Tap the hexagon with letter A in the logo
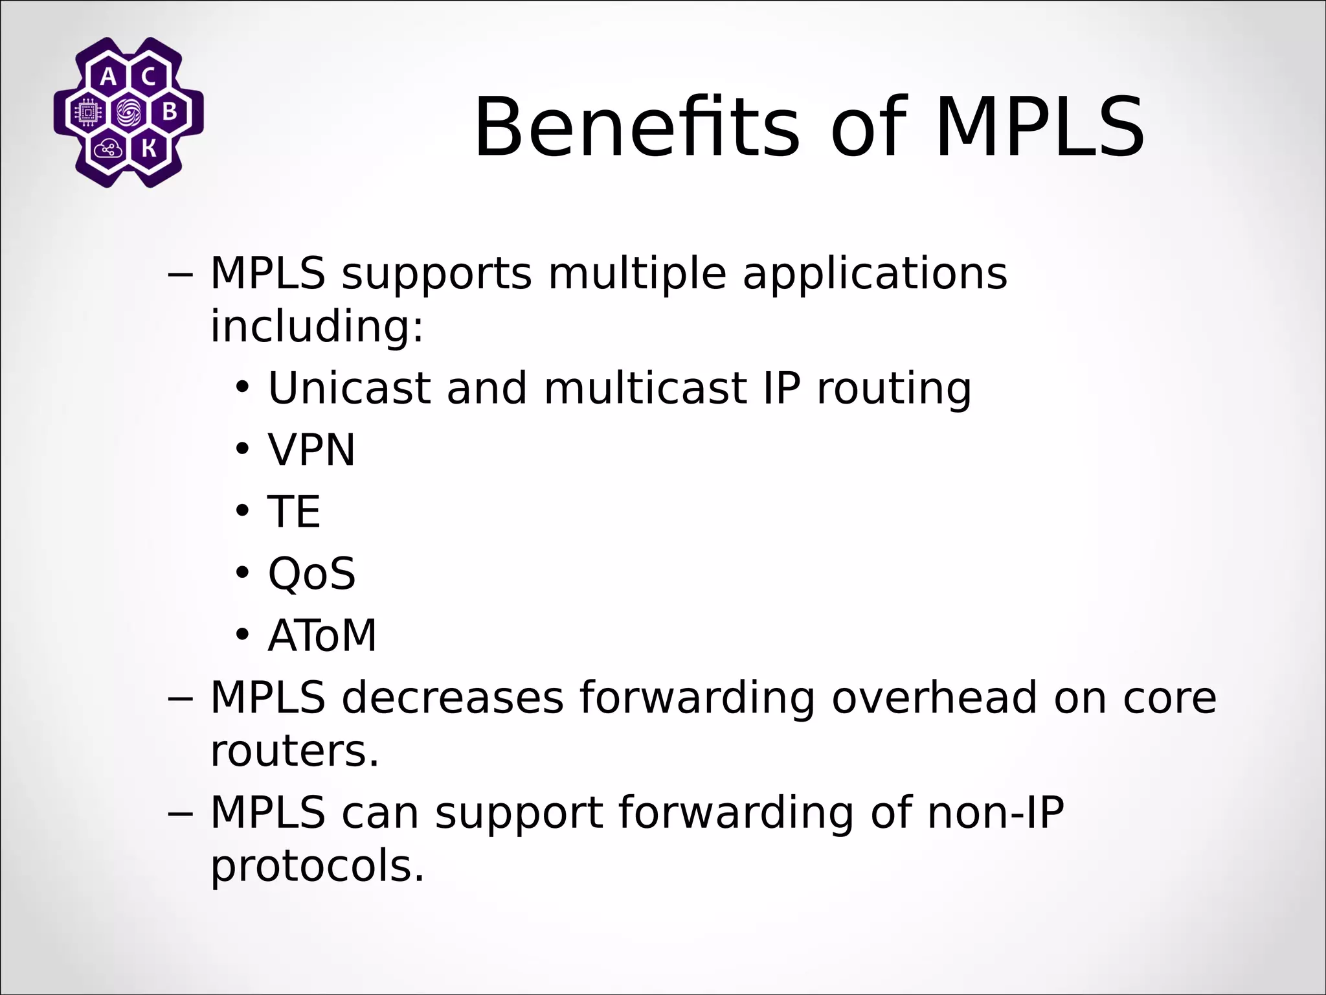109,77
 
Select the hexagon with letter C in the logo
148,77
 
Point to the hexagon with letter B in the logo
169,113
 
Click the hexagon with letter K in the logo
148,150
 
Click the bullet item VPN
311,450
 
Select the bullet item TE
294,512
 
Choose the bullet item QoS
311,573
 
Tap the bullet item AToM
322,635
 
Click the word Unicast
350,388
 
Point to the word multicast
645,388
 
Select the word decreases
453,698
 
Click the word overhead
934,698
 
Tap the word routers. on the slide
295,751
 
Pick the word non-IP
996,812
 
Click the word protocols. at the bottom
317,866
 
